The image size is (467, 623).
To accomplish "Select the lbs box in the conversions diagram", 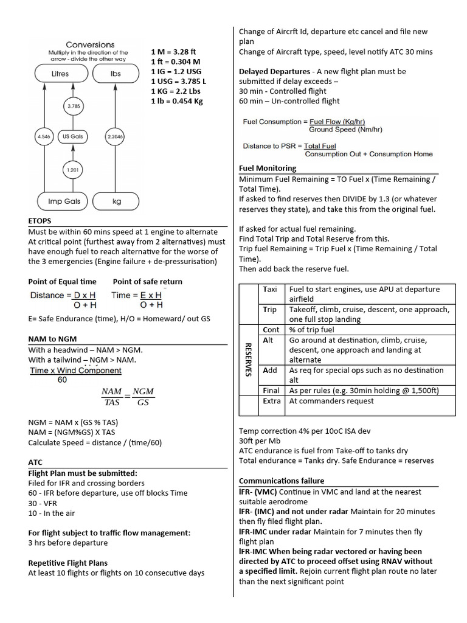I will [116, 74].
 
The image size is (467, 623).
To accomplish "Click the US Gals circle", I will [72, 137].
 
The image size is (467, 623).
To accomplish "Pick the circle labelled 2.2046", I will [115, 137].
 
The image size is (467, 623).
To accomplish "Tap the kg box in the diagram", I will [116, 201].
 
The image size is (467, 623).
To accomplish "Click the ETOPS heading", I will [40, 221].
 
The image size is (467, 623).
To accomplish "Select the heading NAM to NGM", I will [52, 338].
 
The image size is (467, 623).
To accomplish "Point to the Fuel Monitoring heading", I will [268, 168].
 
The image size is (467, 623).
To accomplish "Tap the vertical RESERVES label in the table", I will [248, 359].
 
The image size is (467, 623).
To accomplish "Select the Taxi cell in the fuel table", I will [270, 290].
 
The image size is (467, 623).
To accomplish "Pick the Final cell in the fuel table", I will [271, 391].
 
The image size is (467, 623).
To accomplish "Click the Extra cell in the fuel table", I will [271, 401].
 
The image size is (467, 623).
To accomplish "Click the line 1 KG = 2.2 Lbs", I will [177, 91].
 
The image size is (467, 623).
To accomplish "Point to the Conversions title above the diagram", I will [90, 45].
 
